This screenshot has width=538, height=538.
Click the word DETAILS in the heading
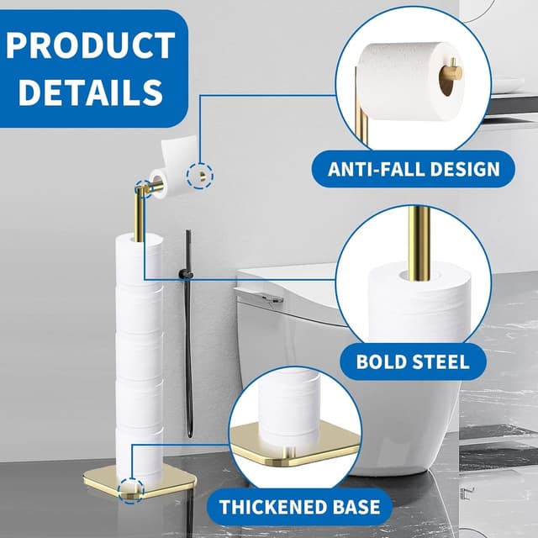(x=90, y=92)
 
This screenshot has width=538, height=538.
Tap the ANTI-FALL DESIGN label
(x=413, y=169)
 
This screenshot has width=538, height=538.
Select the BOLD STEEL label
(x=412, y=362)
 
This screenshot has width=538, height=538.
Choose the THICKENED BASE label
(x=299, y=507)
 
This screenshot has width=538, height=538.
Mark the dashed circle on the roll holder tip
(x=201, y=176)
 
